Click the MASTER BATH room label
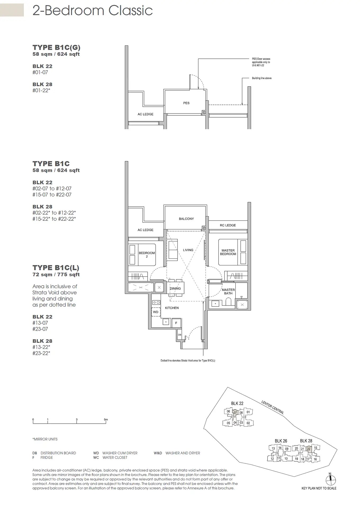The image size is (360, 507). [x=228, y=291]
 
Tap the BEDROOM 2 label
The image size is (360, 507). [x=147, y=255]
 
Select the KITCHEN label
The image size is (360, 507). [x=172, y=308]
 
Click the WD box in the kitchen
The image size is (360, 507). [x=156, y=312]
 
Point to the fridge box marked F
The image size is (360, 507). [x=176, y=323]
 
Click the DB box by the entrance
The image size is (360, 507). [x=180, y=334]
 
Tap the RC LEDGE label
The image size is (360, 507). [x=227, y=225]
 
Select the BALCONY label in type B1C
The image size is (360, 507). [x=186, y=219]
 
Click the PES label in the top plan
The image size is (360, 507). [x=186, y=103]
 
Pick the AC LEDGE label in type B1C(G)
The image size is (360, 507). [x=145, y=114]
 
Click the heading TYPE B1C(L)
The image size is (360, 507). [x=56, y=267]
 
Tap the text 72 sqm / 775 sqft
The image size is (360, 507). [x=56, y=274]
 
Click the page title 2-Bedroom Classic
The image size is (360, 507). [x=92, y=11]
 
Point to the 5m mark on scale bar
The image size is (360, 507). [x=106, y=420]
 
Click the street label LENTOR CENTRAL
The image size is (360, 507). [x=272, y=407]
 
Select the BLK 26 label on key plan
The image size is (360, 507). [x=281, y=441]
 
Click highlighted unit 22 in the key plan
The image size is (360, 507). [x=308, y=449]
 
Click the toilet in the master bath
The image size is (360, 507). [x=228, y=302]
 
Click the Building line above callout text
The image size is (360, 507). [x=261, y=78]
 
